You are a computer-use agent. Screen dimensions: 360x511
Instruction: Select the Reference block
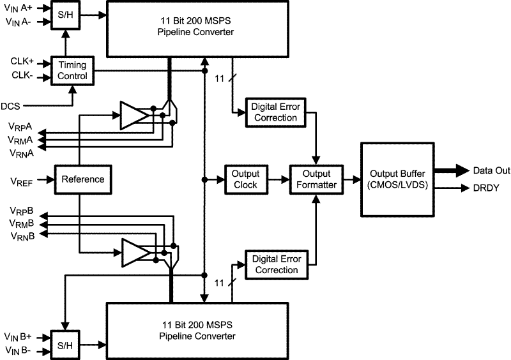pyautogui.click(x=82, y=179)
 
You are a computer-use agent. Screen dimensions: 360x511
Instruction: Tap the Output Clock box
pyautogui.click(x=245, y=179)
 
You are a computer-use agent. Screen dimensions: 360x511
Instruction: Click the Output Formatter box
pyautogui.click(x=316, y=179)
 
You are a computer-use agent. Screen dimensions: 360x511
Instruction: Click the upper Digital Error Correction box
pyautogui.click(x=275, y=112)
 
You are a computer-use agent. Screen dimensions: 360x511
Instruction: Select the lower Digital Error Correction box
pyautogui.click(x=275, y=264)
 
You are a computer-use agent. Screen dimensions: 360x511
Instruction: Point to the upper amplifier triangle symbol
pyautogui.click(x=133, y=115)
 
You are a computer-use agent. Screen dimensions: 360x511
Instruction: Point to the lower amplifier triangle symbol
pyautogui.click(x=133, y=252)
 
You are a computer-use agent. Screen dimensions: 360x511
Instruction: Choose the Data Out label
pyautogui.click(x=491, y=171)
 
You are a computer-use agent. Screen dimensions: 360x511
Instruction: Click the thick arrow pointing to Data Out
pyautogui.click(x=450, y=170)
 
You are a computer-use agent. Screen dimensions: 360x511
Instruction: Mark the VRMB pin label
pyautogui.click(x=22, y=223)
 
